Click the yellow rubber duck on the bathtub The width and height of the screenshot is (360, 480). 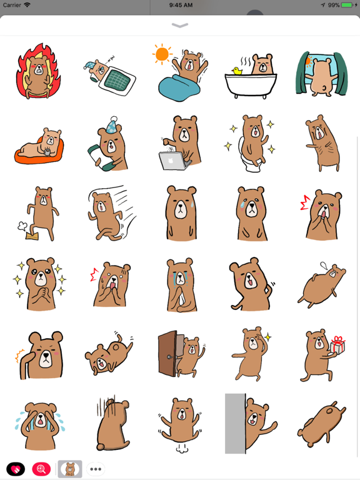[x=237, y=71]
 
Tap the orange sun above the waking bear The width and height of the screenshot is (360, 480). [x=162, y=54]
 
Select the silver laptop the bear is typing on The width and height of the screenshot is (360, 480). [x=174, y=161]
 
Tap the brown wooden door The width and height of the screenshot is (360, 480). [x=167, y=354]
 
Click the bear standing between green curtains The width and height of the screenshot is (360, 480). [x=321, y=74]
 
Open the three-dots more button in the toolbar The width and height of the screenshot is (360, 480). [x=96, y=469]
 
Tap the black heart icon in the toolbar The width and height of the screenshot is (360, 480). [x=16, y=469]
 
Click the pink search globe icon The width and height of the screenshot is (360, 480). [x=42, y=469]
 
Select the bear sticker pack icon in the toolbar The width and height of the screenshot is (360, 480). [x=70, y=469]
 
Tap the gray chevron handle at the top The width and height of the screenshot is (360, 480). [x=180, y=26]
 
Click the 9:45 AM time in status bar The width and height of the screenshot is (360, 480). [x=180, y=5]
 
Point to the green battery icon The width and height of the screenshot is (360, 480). [x=347, y=5]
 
